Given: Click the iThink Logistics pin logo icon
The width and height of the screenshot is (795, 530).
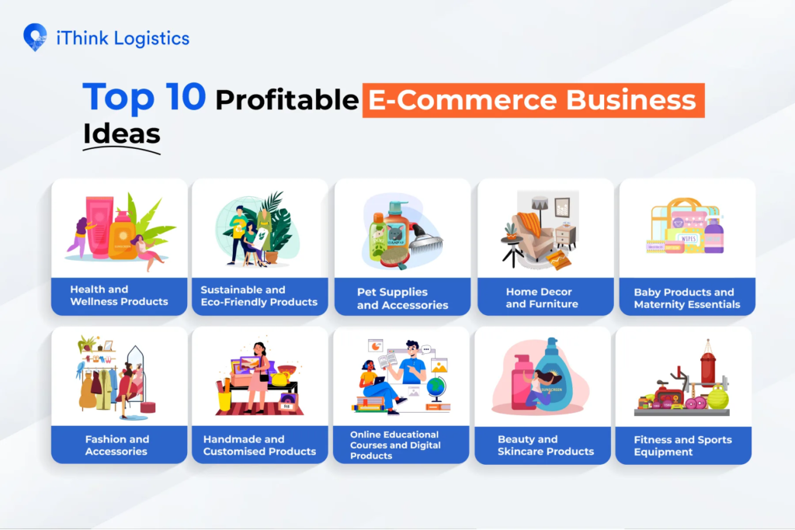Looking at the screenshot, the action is (35, 37).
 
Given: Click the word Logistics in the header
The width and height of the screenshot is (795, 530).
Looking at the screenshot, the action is (151, 39).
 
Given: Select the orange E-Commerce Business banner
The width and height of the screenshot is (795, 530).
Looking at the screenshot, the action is (533, 100).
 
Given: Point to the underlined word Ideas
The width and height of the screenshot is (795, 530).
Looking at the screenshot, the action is (122, 133).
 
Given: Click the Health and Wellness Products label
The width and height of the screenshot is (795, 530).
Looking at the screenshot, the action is (119, 296).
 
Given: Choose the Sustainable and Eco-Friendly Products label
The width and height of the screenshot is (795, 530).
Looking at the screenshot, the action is (259, 296).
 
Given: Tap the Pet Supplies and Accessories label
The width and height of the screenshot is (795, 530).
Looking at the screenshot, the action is (403, 299).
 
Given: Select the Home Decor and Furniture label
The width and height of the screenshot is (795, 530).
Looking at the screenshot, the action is (541, 298).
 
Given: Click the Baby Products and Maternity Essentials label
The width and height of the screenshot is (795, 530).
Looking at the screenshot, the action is (687, 299).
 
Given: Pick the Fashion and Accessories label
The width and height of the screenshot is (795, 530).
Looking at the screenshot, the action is (117, 445).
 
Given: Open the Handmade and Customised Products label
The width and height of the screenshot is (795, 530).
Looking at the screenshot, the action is (259, 445).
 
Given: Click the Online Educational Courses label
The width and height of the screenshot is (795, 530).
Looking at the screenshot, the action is (395, 445).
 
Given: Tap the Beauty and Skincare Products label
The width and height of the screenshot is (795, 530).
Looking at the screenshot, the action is (546, 445).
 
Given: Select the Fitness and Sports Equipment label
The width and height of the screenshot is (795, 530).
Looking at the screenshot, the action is (683, 446).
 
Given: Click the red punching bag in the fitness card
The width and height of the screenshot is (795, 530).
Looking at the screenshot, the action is (708, 364).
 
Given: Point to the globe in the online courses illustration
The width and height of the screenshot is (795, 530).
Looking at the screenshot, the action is (436, 388).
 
